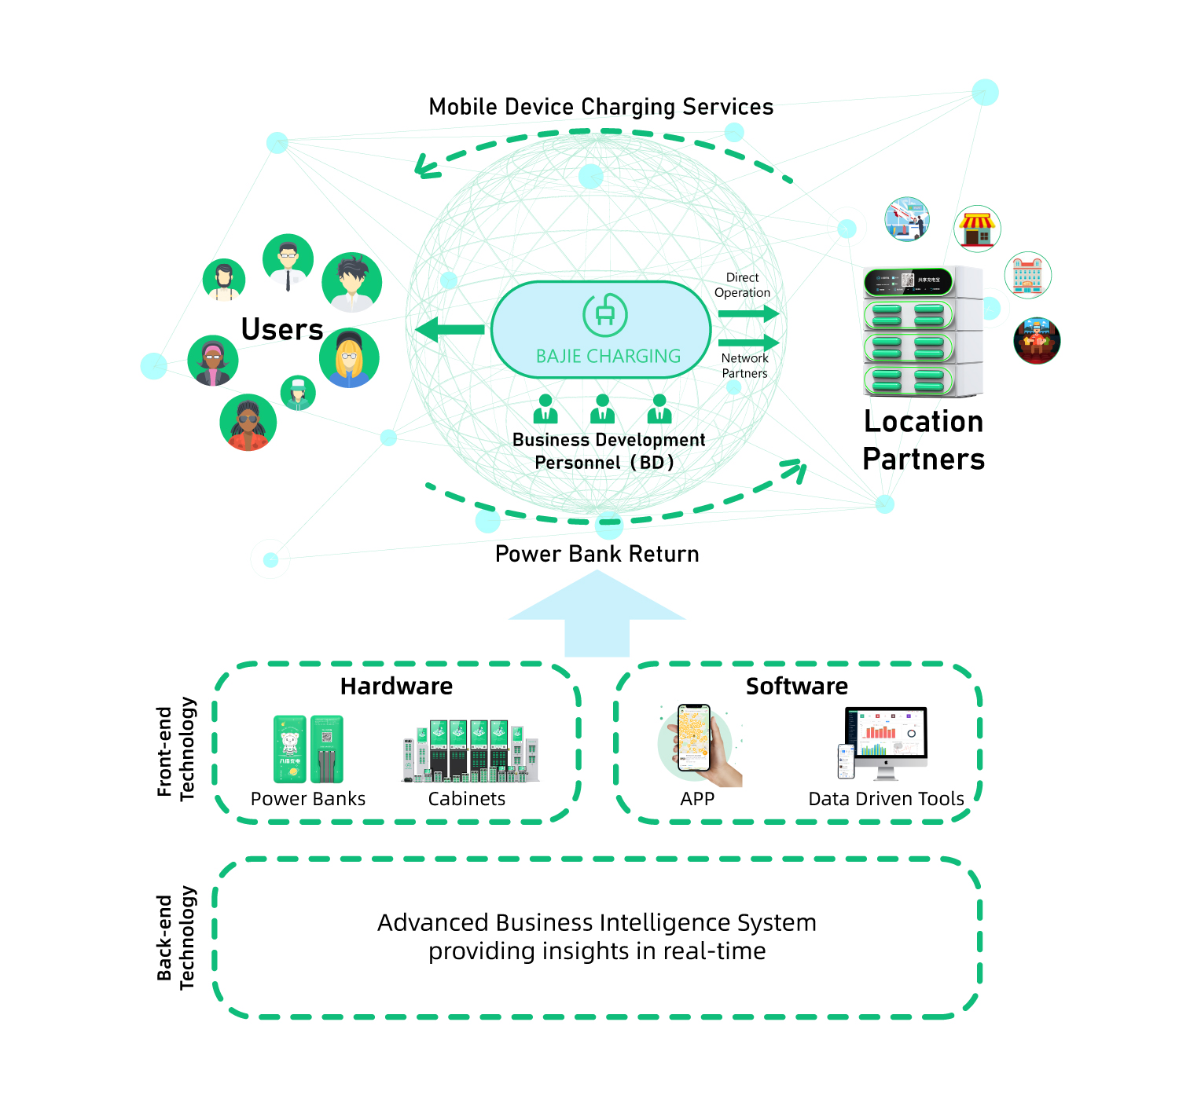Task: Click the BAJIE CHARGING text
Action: pos(608,356)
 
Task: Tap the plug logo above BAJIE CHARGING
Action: pos(604,315)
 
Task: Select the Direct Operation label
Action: pos(742,285)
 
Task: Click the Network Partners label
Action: pos(744,366)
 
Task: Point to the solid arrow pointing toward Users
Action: pos(450,330)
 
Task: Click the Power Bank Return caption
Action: pos(597,554)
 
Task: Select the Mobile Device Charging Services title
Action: pos(601,107)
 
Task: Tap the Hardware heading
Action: pos(396,686)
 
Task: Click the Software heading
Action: pos(796,686)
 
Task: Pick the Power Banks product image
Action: pos(308,749)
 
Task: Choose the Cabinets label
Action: pos(466,799)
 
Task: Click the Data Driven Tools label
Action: pos(886,799)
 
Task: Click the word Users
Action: pos(282,330)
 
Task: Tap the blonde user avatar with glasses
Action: pos(349,358)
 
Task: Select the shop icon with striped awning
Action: pos(977,229)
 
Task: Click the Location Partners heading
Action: pos(924,440)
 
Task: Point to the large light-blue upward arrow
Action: pos(597,613)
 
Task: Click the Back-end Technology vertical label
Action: pos(175,938)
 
